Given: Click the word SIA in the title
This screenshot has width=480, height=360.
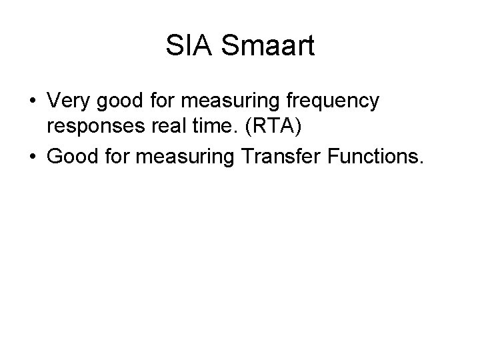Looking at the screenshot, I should point(187,47).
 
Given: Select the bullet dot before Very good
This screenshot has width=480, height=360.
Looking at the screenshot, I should point(32,103).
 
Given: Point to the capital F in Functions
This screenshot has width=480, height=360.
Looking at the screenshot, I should point(340,158).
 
